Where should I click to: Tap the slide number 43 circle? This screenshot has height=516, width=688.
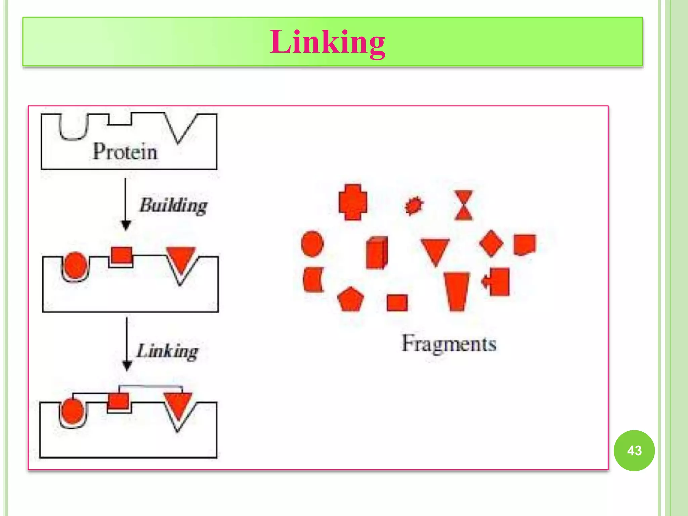tap(634, 450)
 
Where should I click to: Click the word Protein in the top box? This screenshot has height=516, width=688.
tap(125, 152)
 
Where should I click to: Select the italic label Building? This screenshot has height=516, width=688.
tap(173, 205)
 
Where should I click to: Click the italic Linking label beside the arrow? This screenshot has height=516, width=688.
tap(167, 351)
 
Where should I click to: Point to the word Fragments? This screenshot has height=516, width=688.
tap(449, 344)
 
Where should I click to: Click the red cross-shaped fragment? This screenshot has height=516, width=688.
tap(353, 202)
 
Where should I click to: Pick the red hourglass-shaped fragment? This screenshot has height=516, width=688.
tap(464, 205)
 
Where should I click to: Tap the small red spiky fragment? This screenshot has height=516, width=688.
tap(414, 205)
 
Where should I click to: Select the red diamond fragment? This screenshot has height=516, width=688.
tap(491, 244)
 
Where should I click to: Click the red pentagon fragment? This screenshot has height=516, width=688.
tap(350, 299)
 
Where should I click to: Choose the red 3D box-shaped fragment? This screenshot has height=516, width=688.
tap(377, 253)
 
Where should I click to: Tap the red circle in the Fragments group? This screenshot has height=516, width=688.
tap(312, 244)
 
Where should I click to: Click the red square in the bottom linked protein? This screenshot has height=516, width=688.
tap(118, 401)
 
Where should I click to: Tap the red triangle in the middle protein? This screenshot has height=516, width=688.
tap(181, 259)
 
